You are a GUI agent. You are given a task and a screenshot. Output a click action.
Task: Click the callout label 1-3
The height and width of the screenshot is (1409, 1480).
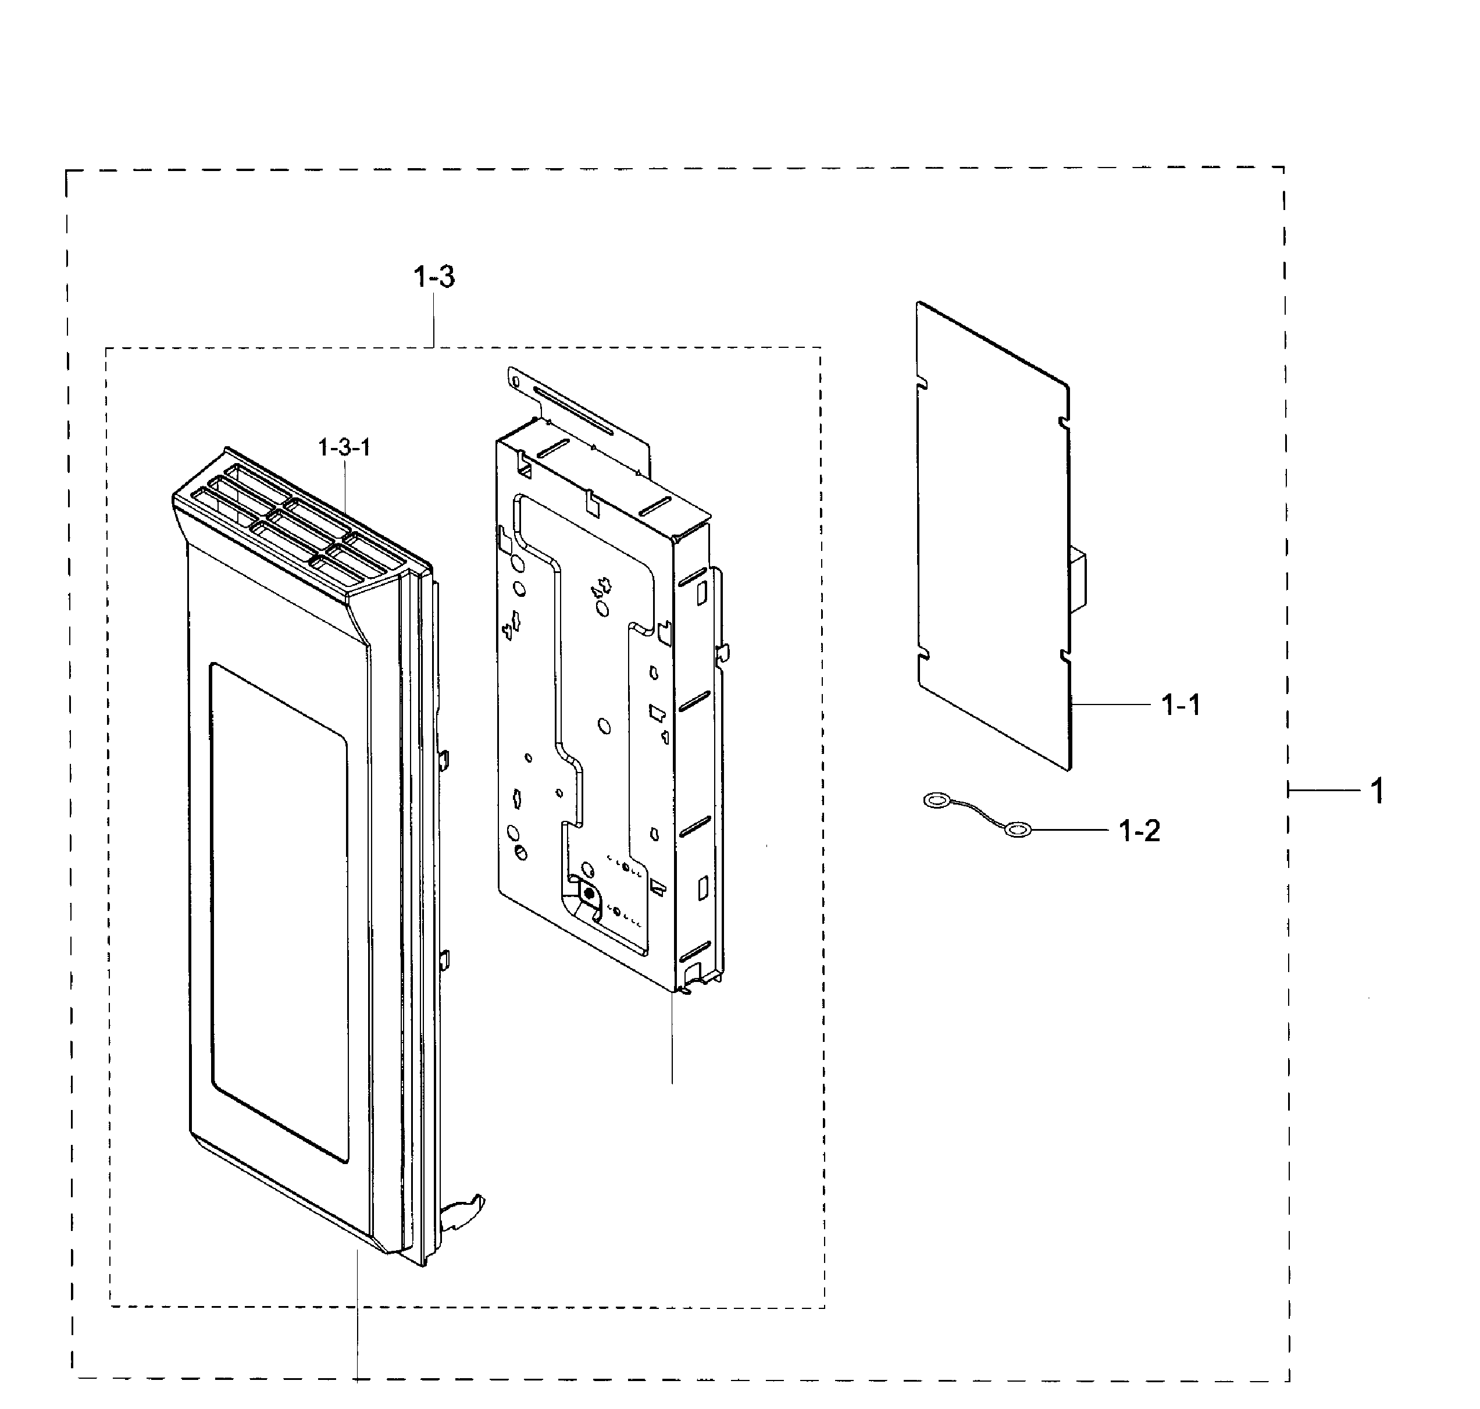[x=434, y=277]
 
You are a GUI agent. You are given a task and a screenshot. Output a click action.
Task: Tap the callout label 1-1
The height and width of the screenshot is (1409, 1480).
[x=1181, y=705]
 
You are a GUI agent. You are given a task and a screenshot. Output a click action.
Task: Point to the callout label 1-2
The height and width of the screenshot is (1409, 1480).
[x=1139, y=831]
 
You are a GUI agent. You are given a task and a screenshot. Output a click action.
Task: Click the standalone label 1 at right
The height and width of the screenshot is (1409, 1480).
[x=1377, y=791]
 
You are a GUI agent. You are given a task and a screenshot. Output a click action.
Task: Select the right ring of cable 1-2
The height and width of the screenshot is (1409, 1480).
[x=1018, y=829]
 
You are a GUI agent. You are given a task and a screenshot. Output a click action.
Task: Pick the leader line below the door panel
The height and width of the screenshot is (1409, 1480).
[x=358, y=1316]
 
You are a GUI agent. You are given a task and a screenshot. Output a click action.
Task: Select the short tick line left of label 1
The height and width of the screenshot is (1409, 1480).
[x=1325, y=790]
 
